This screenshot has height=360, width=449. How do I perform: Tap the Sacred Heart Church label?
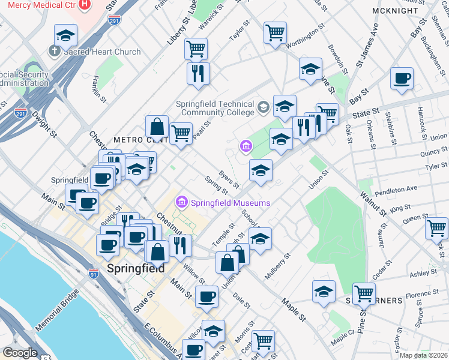pyautogui.click(x=102, y=52)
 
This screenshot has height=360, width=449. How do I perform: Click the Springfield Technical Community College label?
pyautogui.click(x=215, y=108)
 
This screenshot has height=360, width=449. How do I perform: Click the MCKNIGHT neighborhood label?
pyautogui.click(x=411, y=11)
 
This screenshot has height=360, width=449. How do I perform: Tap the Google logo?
pyautogui.click(x=20, y=353)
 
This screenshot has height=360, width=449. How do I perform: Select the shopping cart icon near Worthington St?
pyautogui.click(x=275, y=33)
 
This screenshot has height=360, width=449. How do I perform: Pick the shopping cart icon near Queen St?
pyautogui.click(x=436, y=228)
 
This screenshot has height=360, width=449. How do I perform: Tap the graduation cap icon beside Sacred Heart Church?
pyautogui.click(x=65, y=35)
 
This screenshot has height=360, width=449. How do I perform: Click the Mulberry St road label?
pyautogui.click(x=279, y=263)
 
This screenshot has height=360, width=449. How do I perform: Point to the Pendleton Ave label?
pyautogui.click(x=395, y=191)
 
